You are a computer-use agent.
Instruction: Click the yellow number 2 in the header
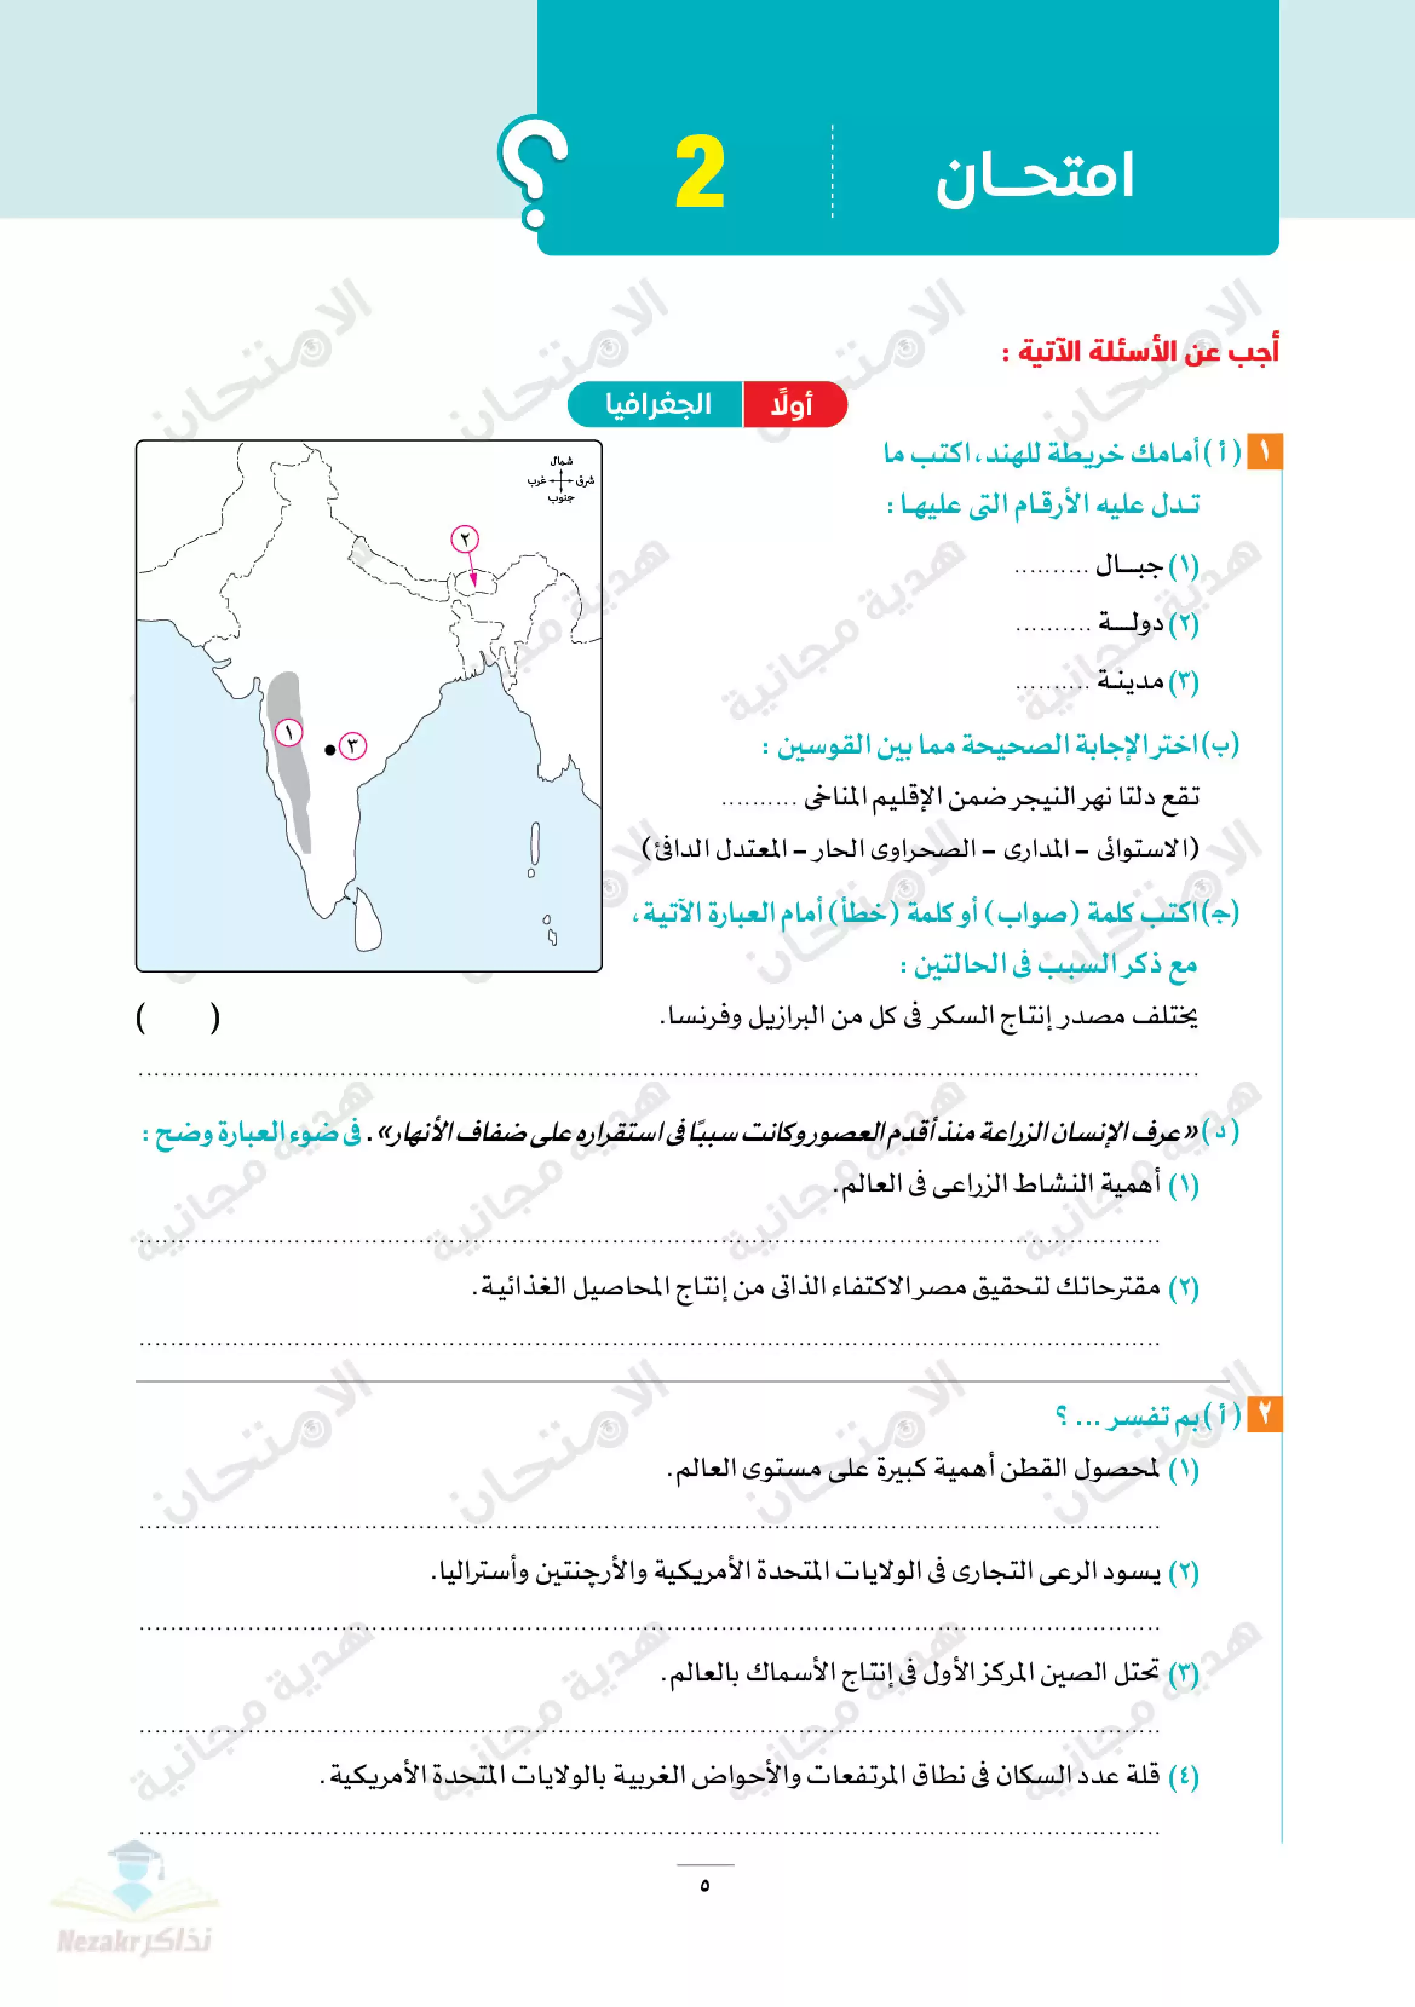click(700, 172)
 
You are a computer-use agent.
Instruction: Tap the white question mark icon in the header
click(533, 171)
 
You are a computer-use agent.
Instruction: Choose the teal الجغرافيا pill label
click(658, 405)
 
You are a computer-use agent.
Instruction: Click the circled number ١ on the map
click(289, 733)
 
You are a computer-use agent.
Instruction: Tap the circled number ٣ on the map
click(352, 746)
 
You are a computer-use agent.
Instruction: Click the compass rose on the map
click(560, 480)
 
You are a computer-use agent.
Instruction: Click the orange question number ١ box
click(1264, 452)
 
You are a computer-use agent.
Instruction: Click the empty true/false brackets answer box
click(179, 1017)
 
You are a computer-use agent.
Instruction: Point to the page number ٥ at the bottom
click(705, 1885)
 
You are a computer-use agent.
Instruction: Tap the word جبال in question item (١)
click(1129, 566)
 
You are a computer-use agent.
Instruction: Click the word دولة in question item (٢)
click(1131, 623)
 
